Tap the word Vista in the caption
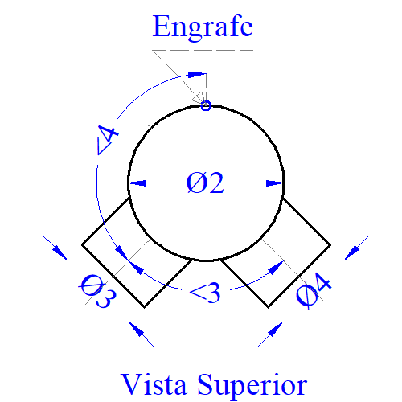tap(154, 384)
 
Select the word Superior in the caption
tap(252, 386)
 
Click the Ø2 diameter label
tap(205, 183)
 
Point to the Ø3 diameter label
tap(98, 291)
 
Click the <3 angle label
tap(205, 293)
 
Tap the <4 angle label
tap(107, 140)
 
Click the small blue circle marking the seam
tap(206, 105)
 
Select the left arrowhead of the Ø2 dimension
tap(137, 183)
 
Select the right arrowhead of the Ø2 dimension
tap(274, 183)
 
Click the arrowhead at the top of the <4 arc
tap(197, 74)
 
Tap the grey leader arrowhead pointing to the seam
tap(199, 97)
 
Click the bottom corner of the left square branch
tap(145, 307)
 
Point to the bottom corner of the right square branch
tap(268, 307)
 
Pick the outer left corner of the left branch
tap(82, 244)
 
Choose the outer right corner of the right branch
tap(330, 244)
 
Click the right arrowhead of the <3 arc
tap(276, 268)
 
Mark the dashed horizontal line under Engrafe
tap(203, 50)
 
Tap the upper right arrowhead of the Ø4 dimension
tap(352, 252)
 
